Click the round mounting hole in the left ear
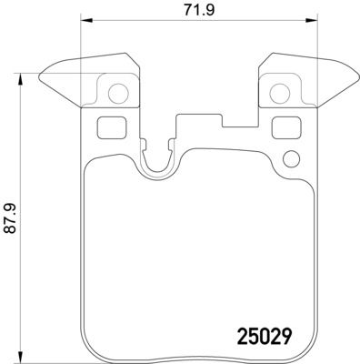115,91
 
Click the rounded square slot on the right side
277,128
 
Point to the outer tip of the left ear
44,75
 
